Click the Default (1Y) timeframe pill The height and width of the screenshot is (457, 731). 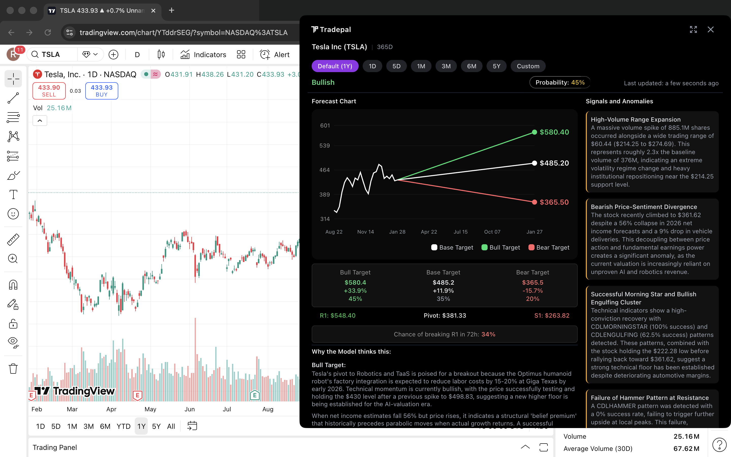335,66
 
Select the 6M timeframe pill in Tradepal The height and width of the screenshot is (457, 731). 471,66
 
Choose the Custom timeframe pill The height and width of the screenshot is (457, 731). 528,66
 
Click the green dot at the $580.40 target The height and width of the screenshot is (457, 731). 534,132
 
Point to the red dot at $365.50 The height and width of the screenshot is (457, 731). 534,202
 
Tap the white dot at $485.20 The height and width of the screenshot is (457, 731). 534,163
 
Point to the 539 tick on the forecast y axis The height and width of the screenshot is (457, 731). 324,146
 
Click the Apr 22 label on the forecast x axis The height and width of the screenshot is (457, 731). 429,232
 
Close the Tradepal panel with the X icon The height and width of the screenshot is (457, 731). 710,30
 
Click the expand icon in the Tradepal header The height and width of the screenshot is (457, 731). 693,30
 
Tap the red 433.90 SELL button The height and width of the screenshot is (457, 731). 49,91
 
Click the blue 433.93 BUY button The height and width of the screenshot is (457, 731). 102,91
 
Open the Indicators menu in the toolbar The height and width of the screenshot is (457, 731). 203,55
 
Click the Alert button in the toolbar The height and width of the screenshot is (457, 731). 275,55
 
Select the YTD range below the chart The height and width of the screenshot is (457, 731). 123,426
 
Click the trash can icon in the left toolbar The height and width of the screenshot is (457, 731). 13,369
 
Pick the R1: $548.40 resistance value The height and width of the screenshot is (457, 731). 337,316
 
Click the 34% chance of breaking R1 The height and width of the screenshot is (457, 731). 488,334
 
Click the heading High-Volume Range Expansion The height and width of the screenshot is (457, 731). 636,120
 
